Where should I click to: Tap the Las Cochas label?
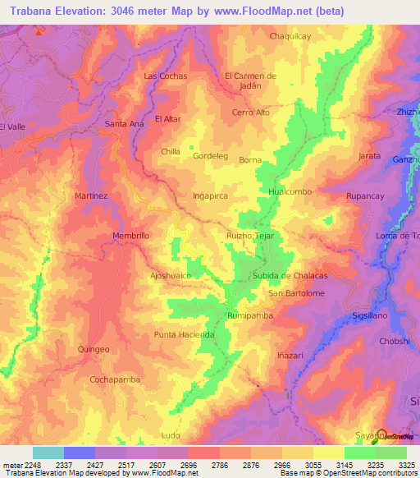pos(166,76)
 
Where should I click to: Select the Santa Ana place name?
pos(124,123)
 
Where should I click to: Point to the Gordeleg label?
pos(209,155)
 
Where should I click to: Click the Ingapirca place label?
pos(210,197)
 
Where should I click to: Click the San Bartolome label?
pos(297,293)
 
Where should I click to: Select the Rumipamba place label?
pos(249,315)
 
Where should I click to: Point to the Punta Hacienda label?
pos(185,335)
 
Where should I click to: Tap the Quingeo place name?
pos(93,349)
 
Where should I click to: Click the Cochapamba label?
pos(113,379)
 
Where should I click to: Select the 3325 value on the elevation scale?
pos(406,465)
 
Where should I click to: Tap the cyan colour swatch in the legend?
pos(48,453)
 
